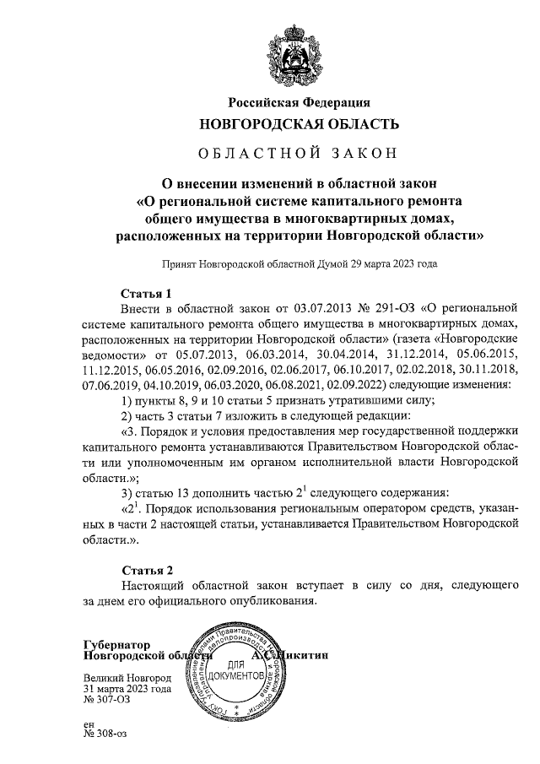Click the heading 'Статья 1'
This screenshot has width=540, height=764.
point(146,294)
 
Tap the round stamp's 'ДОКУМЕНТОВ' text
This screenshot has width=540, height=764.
point(249,678)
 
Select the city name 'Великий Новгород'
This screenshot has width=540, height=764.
point(127,678)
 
